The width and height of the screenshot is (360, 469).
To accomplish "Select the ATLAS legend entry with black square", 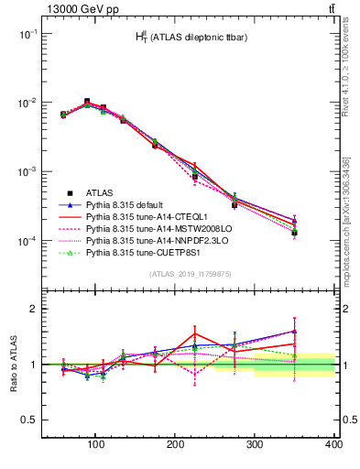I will [100, 193].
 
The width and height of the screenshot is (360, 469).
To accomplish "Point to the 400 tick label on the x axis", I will [333, 444].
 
